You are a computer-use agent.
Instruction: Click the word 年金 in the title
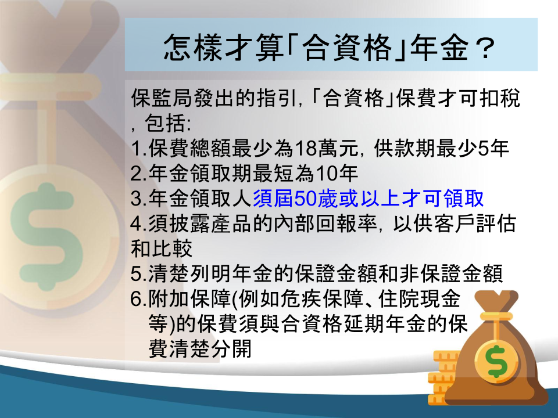tap(440, 48)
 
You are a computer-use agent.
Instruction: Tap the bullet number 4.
tap(137, 224)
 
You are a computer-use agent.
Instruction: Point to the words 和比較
tap(162, 249)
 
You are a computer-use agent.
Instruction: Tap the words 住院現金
tap(419, 299)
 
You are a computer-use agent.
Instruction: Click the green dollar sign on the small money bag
tap(497, 361)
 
